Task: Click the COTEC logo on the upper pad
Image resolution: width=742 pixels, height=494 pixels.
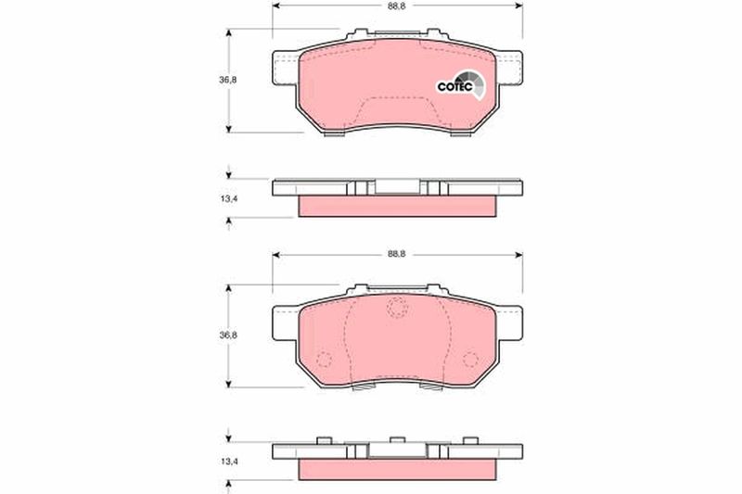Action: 461,85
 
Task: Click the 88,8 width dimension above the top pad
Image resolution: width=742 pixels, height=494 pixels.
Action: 397,6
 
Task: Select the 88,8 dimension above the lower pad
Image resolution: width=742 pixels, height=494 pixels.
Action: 397,254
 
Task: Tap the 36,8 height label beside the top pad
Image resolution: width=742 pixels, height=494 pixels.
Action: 227,80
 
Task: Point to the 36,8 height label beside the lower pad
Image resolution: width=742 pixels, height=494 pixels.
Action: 227,336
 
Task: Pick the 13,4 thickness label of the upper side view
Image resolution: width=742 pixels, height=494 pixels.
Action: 228,198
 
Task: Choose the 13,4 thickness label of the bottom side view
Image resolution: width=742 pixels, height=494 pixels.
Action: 228,461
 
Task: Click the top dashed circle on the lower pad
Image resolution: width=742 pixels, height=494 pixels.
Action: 397,308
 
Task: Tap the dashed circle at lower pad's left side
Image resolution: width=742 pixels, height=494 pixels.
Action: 324,360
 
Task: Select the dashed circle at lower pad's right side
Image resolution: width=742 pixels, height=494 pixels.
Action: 470,360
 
